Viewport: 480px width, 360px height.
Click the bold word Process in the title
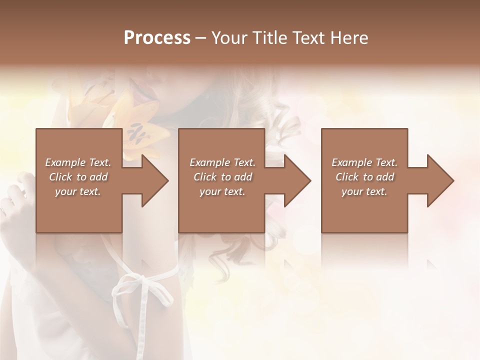(x=157, y=38)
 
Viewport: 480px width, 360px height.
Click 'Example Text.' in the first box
(x=78, y=162)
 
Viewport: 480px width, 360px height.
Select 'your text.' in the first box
(x=78, y=191)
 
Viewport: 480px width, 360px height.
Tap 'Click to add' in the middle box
(x=222, y=177)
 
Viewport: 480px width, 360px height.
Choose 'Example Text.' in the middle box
(x=222, y=162)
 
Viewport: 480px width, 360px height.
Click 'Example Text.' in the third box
(x=364, y=162)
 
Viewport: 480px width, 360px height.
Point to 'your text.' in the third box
(x=364, y=191)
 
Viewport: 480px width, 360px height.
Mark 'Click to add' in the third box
(x=364, y=177)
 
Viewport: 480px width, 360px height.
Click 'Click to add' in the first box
(x=78, y=177)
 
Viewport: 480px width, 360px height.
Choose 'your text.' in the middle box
(x=222, y=191)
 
